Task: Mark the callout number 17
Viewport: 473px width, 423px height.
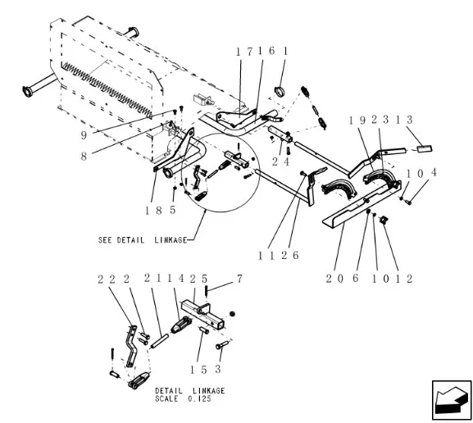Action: (x=243, y=51)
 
